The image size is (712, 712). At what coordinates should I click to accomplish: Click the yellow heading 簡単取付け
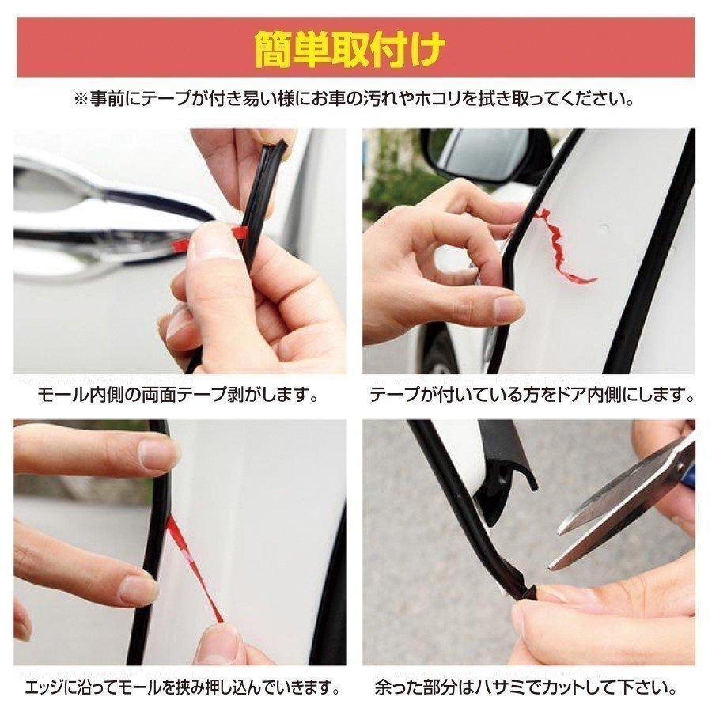[355, 50]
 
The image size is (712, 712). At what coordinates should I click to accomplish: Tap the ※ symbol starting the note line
[81, 100]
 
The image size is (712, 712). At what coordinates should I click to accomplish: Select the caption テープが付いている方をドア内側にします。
[532, 393]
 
